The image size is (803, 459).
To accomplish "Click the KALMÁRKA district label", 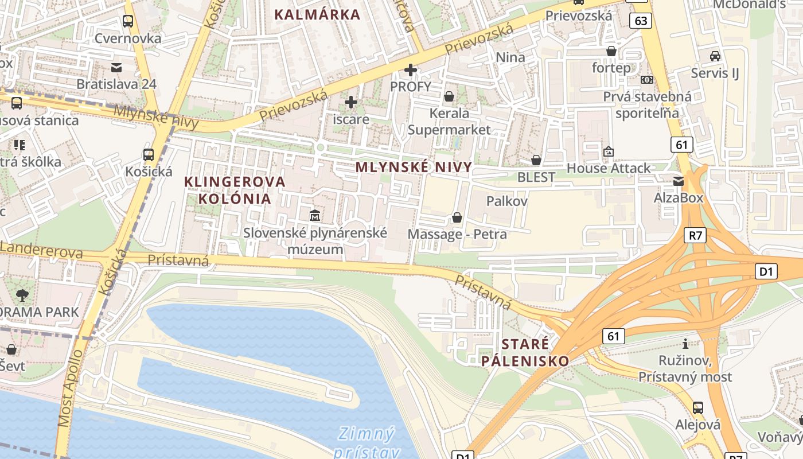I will point(317,14).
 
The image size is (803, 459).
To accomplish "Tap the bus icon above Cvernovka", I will point(128,21).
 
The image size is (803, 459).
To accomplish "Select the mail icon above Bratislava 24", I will point(117,68).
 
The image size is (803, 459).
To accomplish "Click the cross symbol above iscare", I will point(351,103).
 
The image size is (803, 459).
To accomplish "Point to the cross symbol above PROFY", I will point(411,71).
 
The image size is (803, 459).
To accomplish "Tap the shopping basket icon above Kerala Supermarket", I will point(449,96).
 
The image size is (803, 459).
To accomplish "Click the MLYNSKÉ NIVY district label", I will point(414,167).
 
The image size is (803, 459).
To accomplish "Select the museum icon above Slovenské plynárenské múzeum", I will point(315,216).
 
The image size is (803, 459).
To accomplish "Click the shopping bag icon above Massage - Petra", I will point(457,217).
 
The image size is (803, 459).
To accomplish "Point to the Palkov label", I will point(506,201).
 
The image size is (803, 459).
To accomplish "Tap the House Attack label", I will point(609,168).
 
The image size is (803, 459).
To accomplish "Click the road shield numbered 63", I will point(641,21).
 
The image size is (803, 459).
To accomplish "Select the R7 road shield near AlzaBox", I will point(695,235).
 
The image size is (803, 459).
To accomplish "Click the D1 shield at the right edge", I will point(766,271).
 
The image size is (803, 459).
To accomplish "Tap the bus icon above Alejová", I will point(698,408).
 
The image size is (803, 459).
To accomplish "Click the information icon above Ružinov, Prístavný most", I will point(685,344).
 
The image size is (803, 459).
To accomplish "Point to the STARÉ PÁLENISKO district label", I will point(525,352).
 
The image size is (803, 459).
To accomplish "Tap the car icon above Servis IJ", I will point(715,56).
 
